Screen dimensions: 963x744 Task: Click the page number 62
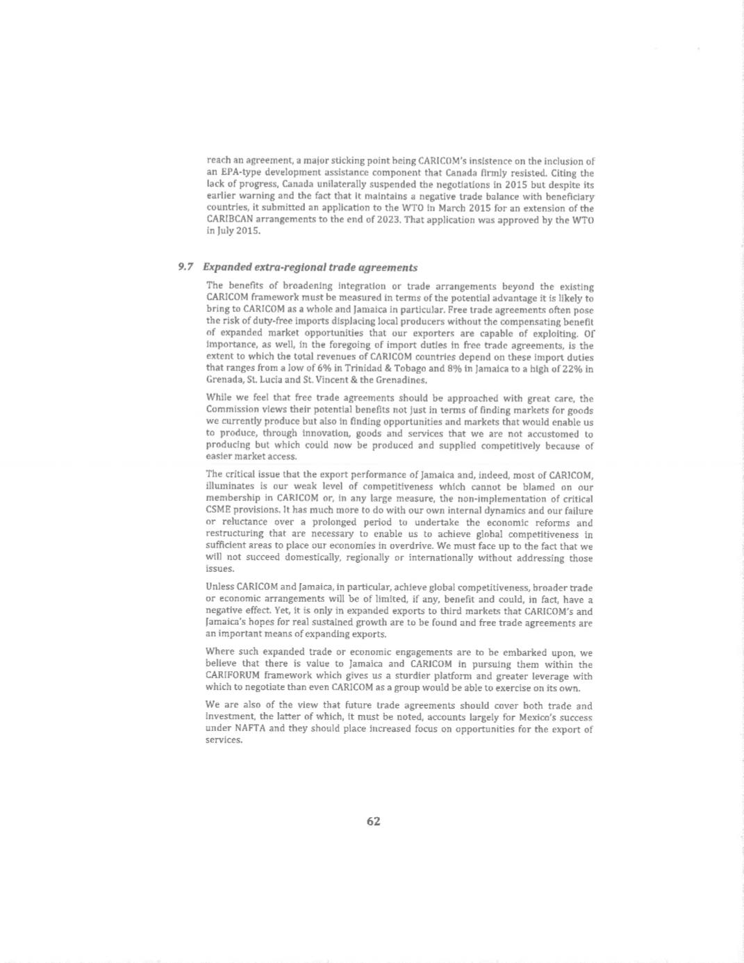(373, 821)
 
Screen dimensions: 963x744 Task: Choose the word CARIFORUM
(238, 676)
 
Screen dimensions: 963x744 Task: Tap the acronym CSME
(220, 511)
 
